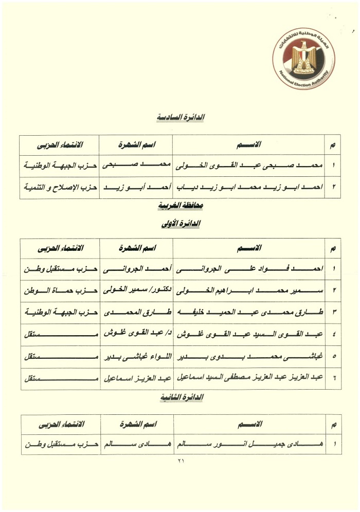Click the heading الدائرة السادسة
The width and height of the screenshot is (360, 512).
181,118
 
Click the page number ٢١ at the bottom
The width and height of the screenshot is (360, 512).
180,461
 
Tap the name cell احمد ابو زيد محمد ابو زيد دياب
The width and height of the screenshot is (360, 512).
250,188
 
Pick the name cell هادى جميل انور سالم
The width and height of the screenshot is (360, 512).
250,445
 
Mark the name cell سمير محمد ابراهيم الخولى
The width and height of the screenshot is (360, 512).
250,291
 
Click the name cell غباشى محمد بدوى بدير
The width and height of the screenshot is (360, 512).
250,357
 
